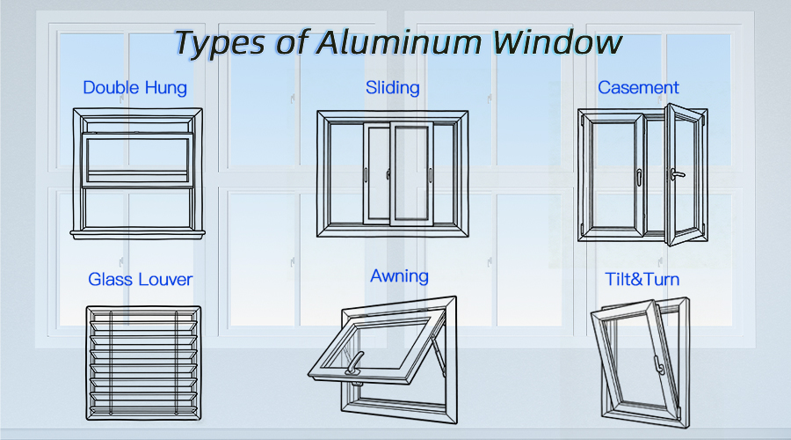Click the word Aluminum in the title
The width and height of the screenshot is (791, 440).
(x=399, y=42)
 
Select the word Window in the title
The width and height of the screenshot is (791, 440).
(x=557, y=42)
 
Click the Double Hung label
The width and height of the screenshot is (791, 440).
(x=134, y=88)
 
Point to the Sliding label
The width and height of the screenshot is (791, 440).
(x=393, y=88)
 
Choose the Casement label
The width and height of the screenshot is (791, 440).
(x=638, y=88)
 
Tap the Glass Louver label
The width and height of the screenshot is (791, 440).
(x=141, y=279)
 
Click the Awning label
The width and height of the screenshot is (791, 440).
(x=400, y=276)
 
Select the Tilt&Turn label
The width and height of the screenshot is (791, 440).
(x=642, y=279)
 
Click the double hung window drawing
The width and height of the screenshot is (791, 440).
(x=137, y=173)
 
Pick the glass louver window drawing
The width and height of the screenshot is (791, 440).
(x=143, y=363)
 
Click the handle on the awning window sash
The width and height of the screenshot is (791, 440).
(x=354, y=363)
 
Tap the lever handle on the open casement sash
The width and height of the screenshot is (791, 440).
(x=677, y=175)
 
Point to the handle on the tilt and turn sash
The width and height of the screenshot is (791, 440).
(x=659, y=365)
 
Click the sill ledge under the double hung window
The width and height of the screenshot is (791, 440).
(x=137, y=234)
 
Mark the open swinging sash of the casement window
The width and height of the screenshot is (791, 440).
(x=686, y=174)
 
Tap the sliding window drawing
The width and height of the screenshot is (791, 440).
(x=393, y=173)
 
